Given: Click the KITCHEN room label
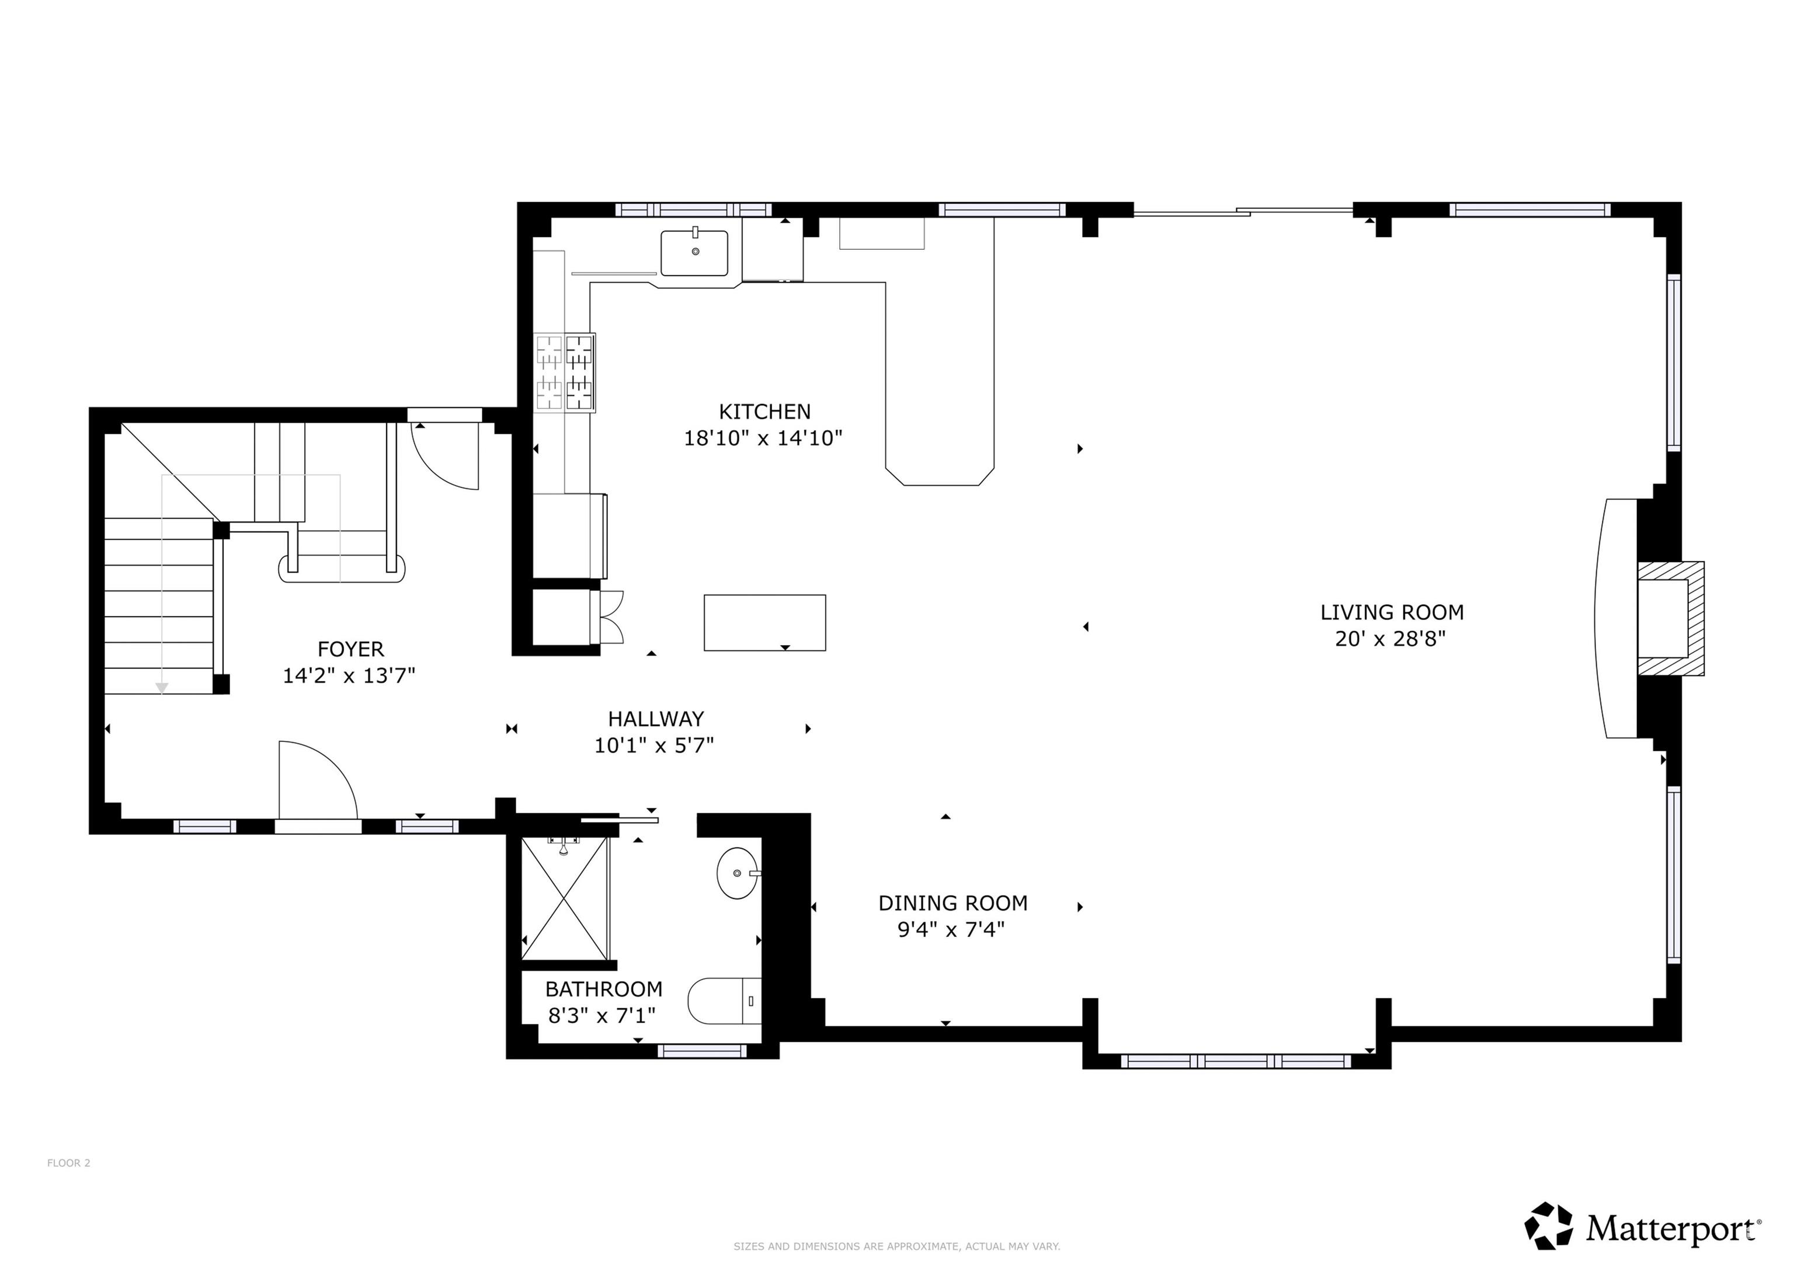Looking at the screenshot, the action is tap(764, 412).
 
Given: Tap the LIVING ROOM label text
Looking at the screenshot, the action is tap(1392, 612).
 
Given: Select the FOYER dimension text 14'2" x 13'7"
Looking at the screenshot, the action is tap(349, 676).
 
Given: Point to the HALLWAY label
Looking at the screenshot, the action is tap(656, 719).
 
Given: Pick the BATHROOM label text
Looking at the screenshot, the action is tap(604, 989).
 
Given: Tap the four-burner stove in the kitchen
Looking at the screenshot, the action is tap(564, 372).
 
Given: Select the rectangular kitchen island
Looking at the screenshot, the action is tap(765, 623).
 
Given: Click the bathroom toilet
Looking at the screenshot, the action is tap(724, 1001).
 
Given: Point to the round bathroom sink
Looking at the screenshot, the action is tap(738, 873).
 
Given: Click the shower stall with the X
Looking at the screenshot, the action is tap(564, 898).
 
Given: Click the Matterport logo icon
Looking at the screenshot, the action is tap(1549, 1226).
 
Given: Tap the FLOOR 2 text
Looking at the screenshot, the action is tap(69, 1164).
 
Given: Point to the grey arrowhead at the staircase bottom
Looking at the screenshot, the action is tap(162, 688).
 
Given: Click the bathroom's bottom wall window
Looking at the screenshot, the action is tap(703, 1051).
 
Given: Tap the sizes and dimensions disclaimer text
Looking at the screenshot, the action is tap(896, 1247).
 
